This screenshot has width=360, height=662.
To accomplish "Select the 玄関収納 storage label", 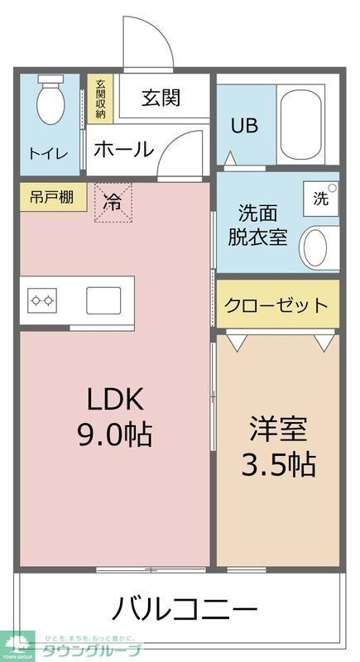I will pos(100,99).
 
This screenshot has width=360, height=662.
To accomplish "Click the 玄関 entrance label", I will pos(160,98).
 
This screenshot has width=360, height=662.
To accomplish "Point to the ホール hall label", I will pos(123,150).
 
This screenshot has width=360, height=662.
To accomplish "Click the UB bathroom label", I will pos(244,126).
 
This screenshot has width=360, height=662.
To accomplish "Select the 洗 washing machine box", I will pos(320,199).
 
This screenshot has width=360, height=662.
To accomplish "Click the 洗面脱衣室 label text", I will pos(257,223).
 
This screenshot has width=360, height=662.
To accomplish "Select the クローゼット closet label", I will pos(276,305).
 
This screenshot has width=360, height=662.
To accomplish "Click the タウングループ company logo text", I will pos(92,650).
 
